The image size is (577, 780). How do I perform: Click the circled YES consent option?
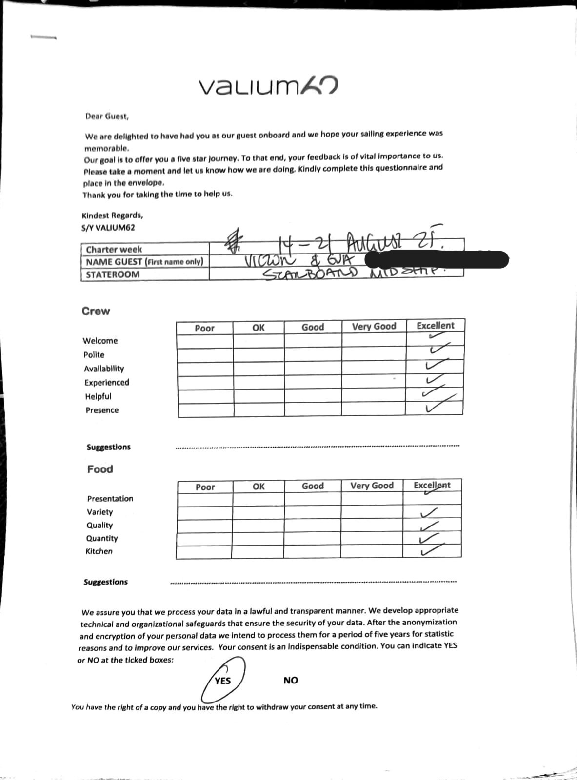point(223,680)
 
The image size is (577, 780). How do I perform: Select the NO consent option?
point(290,680)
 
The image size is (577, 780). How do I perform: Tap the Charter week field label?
point(114,249)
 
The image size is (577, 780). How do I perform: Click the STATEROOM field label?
point(113,274)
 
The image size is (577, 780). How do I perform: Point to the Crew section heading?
point(96,311)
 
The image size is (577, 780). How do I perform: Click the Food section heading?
point(100,469)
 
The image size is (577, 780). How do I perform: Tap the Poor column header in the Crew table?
point(204,328)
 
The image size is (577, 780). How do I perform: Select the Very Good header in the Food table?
point(372,486)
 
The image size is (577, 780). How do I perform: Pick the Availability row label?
point(104,369)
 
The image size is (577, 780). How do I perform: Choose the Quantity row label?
point(102,538)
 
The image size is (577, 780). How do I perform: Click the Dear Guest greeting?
point(107,117)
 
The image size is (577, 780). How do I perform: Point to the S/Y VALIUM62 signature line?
point(108,228)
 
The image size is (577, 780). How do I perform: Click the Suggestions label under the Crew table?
point(108,447)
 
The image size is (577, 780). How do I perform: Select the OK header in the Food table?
point(259,486)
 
